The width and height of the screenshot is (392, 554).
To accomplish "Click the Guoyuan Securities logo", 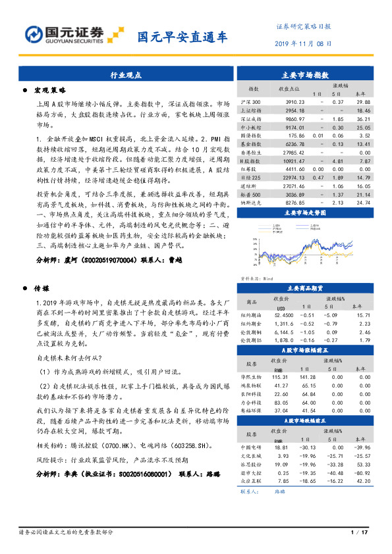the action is tap(66, 34).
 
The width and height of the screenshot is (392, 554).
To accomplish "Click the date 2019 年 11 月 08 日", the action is tap(302, 43).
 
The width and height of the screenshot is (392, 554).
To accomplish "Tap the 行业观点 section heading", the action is tap(125, 76).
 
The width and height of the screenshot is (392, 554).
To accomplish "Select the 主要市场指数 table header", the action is tap(308, 76).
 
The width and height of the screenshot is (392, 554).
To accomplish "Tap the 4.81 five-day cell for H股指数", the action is tap(339, 161).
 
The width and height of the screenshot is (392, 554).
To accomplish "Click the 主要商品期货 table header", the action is tap(308, 288).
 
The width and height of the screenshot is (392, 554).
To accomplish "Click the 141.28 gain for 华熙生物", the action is tap(308, 376).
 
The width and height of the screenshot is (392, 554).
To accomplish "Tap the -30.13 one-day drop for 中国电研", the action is tap(308, 447).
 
